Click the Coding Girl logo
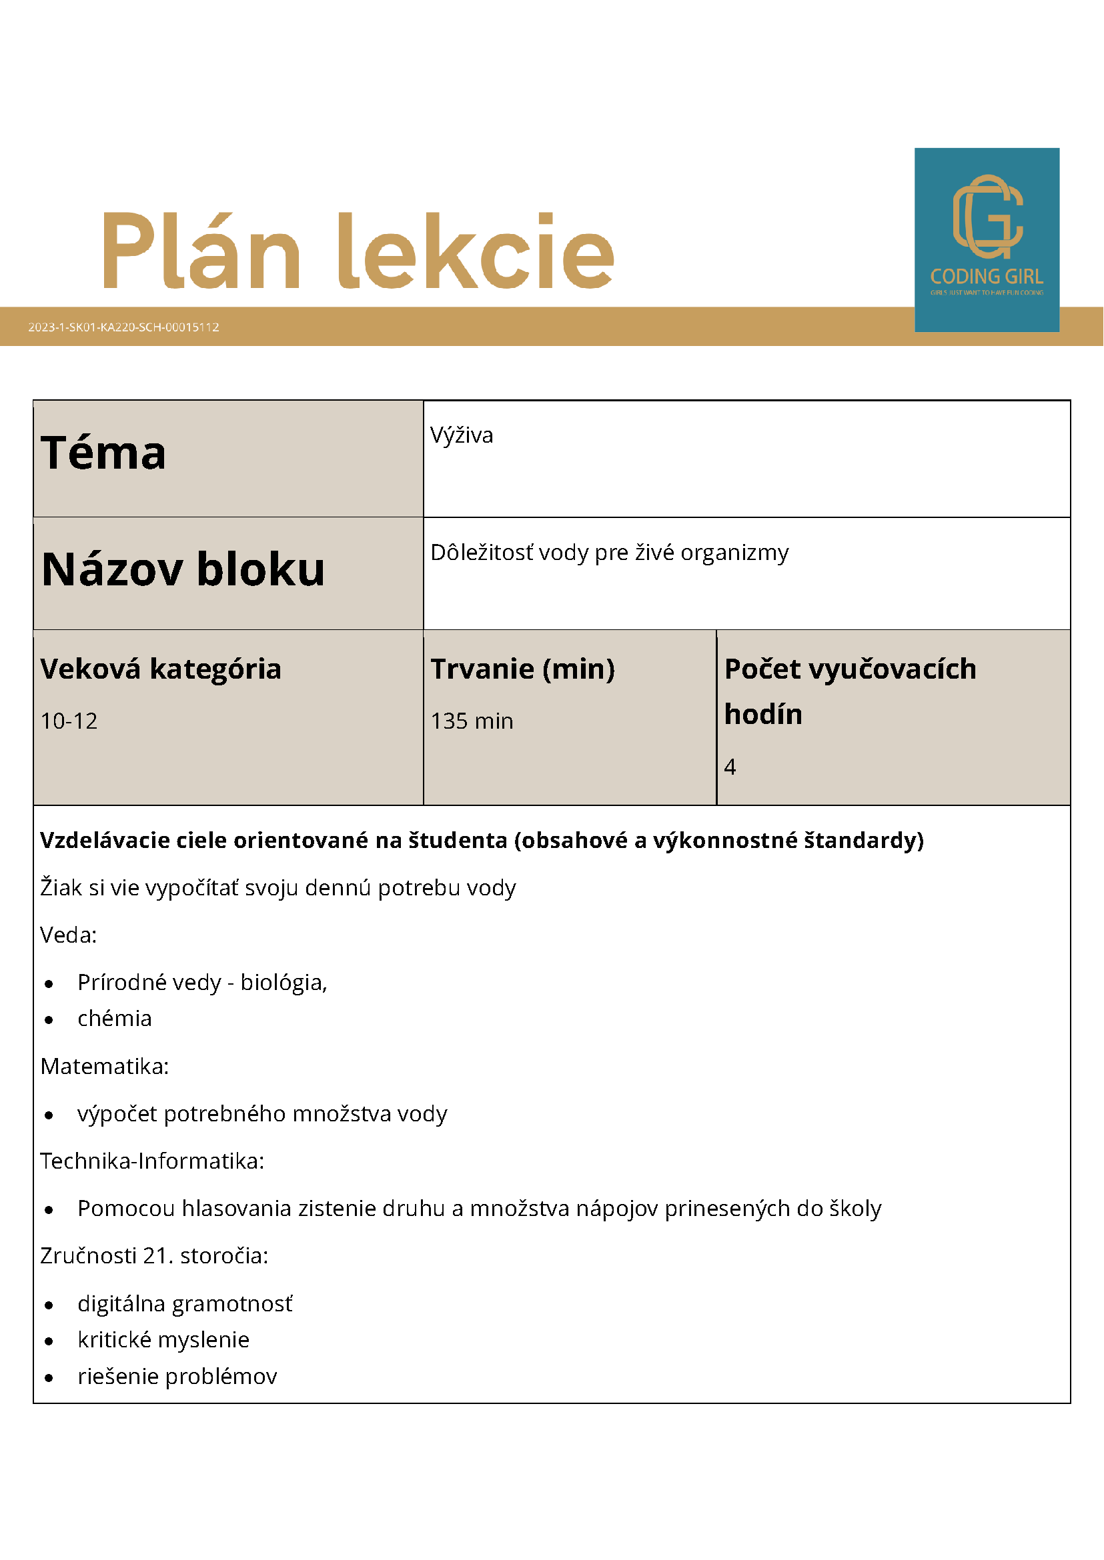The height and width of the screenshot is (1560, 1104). click(x=987, y=239)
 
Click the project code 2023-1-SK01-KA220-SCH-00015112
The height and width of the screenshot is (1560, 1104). click(x=123, y=327)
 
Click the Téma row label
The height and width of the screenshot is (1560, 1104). click(x=103, y=453)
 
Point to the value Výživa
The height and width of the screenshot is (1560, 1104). click(x=462, y=435)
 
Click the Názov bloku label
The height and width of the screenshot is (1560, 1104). click(x=183, y=569)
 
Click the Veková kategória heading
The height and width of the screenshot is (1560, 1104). click(x=161, y=669)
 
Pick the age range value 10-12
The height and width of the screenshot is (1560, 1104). click(x=69, y=721)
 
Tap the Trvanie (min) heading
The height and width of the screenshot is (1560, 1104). click(x=522, y=669)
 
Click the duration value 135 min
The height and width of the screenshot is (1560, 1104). click(x=472, y=721)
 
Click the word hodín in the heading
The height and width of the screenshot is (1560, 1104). click(x=762, y=715)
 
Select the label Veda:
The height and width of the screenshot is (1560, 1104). click(x=69, y=935)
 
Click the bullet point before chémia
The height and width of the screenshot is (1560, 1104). click(x=49, y=1020)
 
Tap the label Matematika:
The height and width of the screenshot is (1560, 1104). click(x=105, y=1067)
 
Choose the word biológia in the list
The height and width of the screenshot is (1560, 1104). click(x=284, y=983)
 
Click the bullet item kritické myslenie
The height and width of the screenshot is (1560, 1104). click(x=163, y=1340)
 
